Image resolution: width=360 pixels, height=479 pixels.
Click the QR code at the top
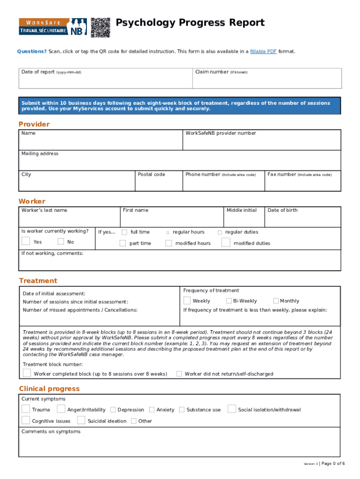(x=100, y=27)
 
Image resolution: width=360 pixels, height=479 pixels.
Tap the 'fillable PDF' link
(x=263, y=51)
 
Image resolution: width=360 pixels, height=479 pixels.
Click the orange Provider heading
(x=34, y=124)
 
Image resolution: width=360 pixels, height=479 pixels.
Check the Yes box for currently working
(x=26, y=241)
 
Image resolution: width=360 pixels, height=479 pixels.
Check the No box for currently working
(x=61, y=241)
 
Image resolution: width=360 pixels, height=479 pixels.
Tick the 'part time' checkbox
(x=122, y=243)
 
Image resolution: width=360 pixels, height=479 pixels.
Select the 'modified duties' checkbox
(x=226, y=242)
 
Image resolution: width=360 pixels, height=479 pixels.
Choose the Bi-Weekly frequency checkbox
(x=229, y=301)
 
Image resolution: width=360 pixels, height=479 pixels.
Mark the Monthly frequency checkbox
(x=276, y=301)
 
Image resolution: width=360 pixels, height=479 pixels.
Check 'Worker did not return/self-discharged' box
(x=179, y=373)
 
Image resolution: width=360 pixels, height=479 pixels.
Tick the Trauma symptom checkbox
(x=26, y=409)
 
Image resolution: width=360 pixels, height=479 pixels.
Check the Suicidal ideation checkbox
(x=81, y=420)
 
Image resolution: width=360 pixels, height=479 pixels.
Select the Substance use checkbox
(x=181, y=409)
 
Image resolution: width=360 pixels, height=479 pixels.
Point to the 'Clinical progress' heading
(x=49, y=389)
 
